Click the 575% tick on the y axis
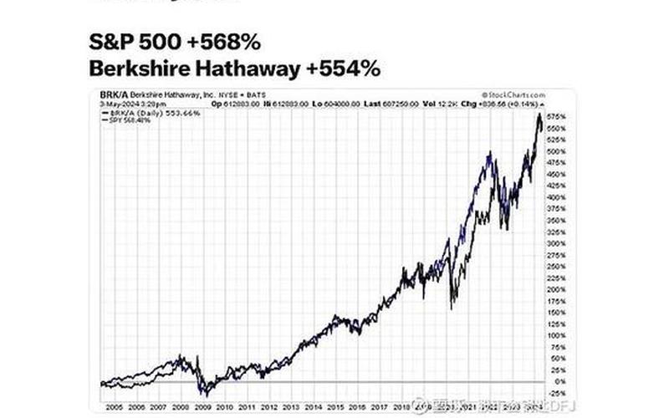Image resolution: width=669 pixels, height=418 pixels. (558, 116)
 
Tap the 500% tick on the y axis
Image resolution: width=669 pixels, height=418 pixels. (558, 151)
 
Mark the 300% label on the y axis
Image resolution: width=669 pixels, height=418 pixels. (558, 243)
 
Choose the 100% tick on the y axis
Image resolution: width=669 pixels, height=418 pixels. (558, 335)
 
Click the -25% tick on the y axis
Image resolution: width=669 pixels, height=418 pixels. (558, 393)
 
